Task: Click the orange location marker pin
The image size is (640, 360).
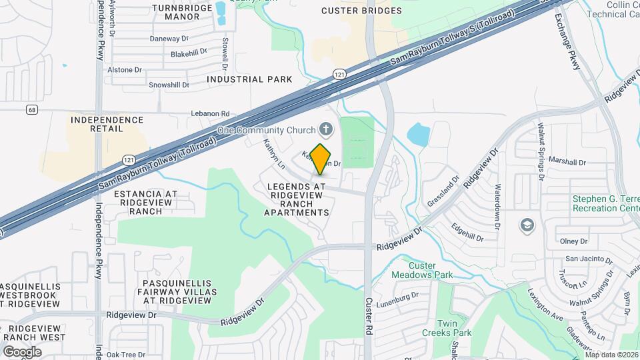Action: point(321,159)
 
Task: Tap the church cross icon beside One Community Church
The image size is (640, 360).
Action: point(326,129)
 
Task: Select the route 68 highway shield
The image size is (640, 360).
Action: point(31,109)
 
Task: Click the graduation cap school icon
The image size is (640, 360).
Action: point(528,225)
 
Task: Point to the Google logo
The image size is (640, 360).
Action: point(22,351)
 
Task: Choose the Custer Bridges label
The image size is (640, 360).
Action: point(361,11)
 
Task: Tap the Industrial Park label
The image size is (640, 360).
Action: point(249,79)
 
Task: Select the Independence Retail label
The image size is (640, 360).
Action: point(107,125)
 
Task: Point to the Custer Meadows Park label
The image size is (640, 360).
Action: point(421,270)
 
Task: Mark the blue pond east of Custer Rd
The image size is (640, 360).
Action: point(417,133)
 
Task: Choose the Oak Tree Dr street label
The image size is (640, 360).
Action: point(126,355)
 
